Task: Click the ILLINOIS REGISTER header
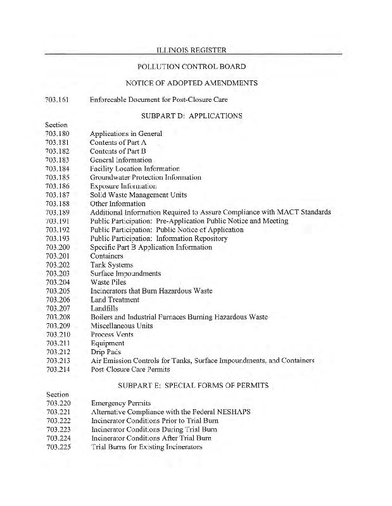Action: coord(191,49)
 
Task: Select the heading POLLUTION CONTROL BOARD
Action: coord(191,66)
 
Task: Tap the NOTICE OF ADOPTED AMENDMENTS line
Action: coord(191,83)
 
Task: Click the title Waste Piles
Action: coord(108,282)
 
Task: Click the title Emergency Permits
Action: coord(121,403)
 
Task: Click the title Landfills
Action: coord(104,308)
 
